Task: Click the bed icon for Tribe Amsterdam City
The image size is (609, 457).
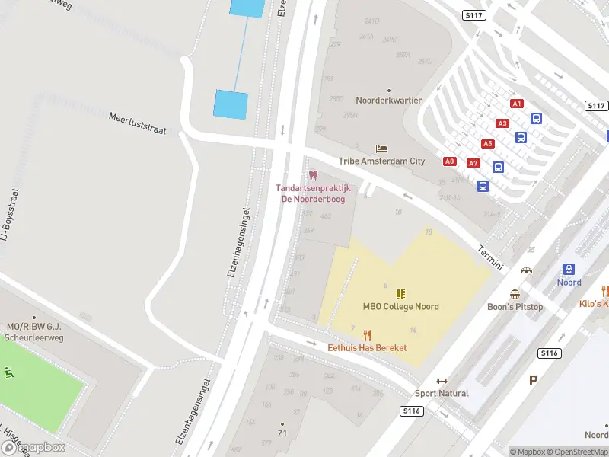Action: click(381, 148)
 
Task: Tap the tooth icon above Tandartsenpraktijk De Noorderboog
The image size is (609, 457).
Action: click(313, 175)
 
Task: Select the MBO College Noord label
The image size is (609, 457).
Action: click(400, 306)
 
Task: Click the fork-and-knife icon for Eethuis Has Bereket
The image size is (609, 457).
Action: click(367, 334)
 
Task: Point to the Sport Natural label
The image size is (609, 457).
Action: click(442, 393)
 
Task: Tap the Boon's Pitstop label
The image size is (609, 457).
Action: click(515, 306)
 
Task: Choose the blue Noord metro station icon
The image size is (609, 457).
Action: click(569, 269)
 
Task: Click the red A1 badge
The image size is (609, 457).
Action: click(517, 103)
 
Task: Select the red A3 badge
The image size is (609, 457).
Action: click(502, 123)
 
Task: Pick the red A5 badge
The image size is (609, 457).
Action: click(487, 143)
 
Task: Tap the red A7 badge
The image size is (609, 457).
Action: click(473, 163)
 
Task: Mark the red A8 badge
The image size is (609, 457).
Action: click(450, 161)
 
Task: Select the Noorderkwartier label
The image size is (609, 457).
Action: click(389, 101)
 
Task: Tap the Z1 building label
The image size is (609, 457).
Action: click(282, 433)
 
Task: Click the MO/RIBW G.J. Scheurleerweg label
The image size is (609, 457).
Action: click(33, 331)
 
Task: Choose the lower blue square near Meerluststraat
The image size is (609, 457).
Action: click(231, 104)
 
